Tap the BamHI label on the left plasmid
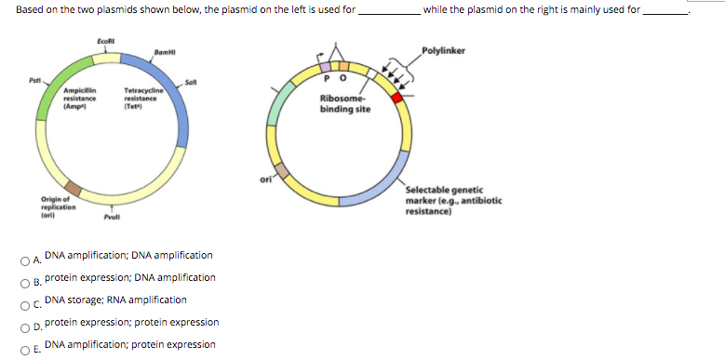coord(166,50)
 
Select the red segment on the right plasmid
coord(397,97)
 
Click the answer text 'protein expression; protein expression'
coord(132,322)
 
